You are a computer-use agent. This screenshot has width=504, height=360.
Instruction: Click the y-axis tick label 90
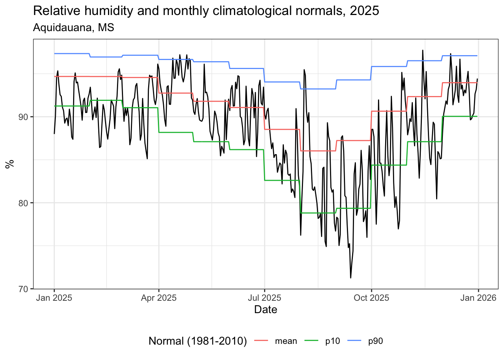point(23,117)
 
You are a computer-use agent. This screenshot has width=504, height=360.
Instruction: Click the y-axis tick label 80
point(23,203)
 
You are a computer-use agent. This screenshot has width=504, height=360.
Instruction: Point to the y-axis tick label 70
point(23,289)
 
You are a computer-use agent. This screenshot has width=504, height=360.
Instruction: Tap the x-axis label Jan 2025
point(54,298)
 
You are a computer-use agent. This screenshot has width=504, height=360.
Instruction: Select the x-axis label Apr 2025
point(159,298)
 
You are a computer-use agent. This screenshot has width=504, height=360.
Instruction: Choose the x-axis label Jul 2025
point(264,298)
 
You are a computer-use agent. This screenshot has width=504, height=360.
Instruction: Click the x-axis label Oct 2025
point(372,298)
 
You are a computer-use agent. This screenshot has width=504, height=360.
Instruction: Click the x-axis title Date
point(265,310)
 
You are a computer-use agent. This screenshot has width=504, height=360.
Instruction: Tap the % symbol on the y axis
point(10,164)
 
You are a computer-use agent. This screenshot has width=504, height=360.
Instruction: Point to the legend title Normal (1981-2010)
point(198,341)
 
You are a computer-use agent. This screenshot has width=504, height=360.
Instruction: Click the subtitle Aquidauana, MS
point(73,27)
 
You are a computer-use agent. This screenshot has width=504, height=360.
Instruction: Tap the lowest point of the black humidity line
point(351,278)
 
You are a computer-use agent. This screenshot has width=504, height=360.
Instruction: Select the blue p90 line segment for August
point(318,89)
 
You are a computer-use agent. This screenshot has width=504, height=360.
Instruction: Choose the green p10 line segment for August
point(318,213)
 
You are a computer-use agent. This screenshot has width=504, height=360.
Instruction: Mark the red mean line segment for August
point(318,151)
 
